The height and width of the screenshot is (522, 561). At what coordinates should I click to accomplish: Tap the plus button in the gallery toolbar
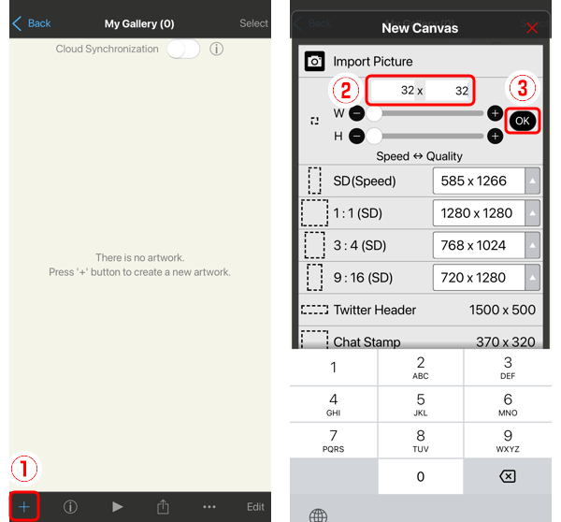pyautogui.click(x=24, y=506)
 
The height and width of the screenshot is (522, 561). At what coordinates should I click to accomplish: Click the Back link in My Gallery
pyautogui.click(x=32, y=23)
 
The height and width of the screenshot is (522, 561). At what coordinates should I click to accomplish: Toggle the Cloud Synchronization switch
pyautogui.click(x=183, y=50)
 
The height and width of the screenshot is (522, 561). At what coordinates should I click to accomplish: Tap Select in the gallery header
pyautogui.click(x=253, y=23)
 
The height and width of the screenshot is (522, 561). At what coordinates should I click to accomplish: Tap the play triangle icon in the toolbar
pyautogui.click(x=117, y=506)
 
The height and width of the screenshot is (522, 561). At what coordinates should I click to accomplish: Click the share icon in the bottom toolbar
pyautogui.click(x=163, y=506)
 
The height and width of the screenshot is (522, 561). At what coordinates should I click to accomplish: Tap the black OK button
pyautogui.click(x=521, y=121)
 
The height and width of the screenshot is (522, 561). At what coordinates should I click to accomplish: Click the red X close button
pyautogui.click(x=532, y=28)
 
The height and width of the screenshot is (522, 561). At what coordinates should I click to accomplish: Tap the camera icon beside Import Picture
pyautogui.click(x=314, y=62)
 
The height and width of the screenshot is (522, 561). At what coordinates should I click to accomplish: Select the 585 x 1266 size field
pyautogui.click(x=479, y=181)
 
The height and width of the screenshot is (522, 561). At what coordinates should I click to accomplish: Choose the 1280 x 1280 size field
pyautogui.click(x=479, y=213)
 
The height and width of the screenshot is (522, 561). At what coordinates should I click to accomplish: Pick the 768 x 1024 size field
pyautogui.click(x=479, y=245)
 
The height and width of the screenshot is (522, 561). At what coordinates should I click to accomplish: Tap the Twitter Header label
pyautogui.click(x=374, y=310)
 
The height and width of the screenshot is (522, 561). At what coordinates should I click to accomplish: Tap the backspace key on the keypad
pyautogui.click(x=508, y=476)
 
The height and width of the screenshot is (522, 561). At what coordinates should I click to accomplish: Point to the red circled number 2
pyautogui.click(x=345, y=91)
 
